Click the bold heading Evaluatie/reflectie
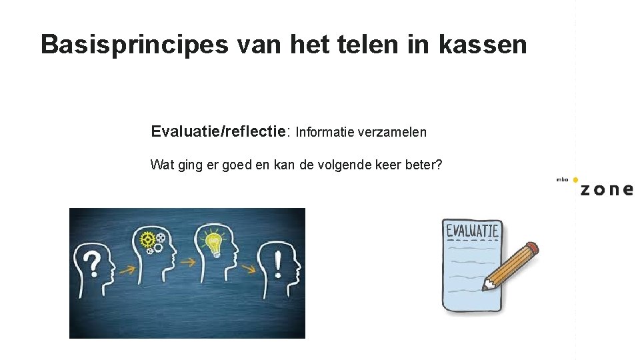tap(219, 131)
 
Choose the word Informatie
tap(325, 132)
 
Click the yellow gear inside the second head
tap(147, 238)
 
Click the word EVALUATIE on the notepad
tap(472, 231)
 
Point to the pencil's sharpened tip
tap(487, 286)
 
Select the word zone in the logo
tap(606, 189)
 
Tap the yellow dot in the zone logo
tap(575, 180)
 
